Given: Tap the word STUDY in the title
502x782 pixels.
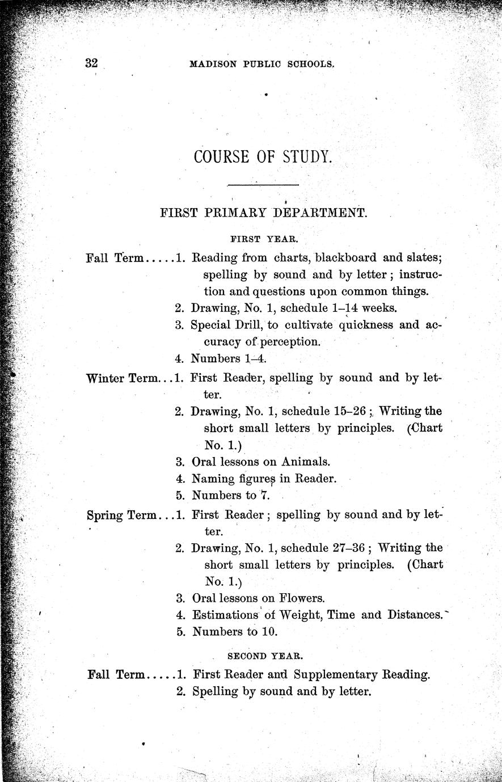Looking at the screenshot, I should [306, 157].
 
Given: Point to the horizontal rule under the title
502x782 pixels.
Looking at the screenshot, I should [263, 185].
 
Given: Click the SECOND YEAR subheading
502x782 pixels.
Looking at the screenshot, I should [265, 656].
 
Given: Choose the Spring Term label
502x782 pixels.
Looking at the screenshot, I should [123, 515].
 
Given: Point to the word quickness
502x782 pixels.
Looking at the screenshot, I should [366, 326].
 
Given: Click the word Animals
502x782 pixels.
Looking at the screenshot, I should [306, 462].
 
